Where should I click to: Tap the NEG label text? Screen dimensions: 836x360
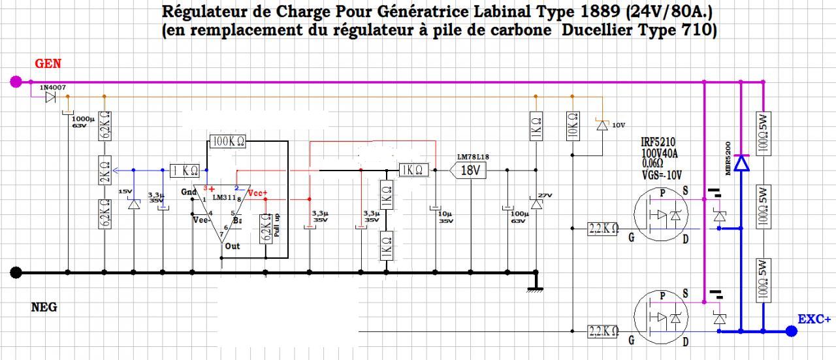[x=44, y=307]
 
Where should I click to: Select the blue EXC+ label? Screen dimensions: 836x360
[x=814, y=319]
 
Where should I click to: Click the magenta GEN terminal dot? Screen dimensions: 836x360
[x=16, y=82]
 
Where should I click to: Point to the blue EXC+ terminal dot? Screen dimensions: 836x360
[x=792, y=331]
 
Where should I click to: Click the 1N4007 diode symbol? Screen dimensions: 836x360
[x=50, y=98]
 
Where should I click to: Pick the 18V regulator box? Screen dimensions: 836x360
[x=470, y=171]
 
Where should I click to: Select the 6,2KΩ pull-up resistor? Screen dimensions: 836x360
[x=266, y=227]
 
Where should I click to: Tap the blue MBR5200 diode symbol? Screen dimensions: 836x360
[x=741, y=163]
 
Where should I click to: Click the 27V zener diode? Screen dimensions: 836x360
[x=536, y=205]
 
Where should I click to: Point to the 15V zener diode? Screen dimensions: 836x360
[x=134, y=205]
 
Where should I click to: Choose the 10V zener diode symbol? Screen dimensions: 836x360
[x=601, y=125]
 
